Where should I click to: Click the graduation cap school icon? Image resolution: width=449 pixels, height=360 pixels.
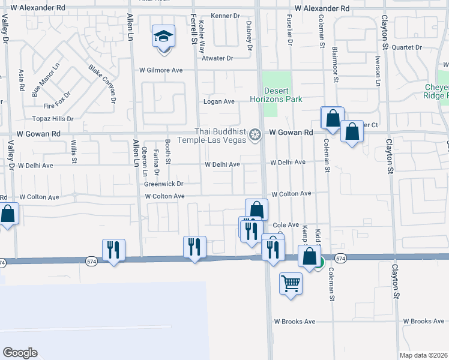click(163, 37)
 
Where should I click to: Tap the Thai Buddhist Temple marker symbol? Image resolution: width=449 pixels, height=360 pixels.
click(256, 134)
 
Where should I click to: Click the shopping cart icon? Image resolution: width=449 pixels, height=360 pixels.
click(291, 283)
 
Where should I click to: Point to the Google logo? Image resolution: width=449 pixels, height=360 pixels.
click(20, 353)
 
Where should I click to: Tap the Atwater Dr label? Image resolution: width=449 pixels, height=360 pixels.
click(217, 58)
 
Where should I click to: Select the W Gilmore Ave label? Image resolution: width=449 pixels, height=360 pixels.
click(161, 70)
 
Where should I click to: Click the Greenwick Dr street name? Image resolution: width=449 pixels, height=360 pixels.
click(163, 184)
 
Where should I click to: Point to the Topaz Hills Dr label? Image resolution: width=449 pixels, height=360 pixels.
click(53, 119)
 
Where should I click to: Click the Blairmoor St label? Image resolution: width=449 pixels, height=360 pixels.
click(335, 57)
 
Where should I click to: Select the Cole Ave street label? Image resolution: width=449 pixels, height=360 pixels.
click(286, 225)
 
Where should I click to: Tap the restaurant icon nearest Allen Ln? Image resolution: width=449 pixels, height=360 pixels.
click(113, 249)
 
